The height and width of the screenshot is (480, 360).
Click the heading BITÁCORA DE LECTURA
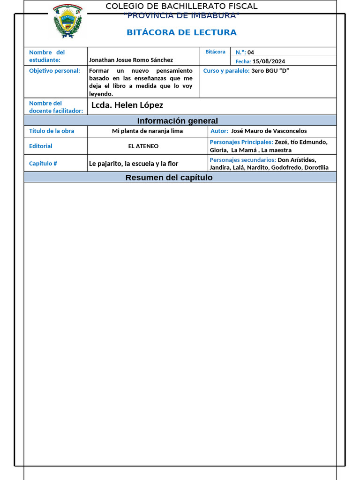point(181,32)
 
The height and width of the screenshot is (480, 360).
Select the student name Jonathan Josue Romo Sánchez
point(131,60)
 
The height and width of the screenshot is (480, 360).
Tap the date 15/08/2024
point(269,61)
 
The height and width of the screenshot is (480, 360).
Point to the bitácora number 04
point(251,52)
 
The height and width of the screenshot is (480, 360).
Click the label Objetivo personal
point(54,70)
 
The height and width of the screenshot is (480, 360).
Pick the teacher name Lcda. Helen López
point(127,105)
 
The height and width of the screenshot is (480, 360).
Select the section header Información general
point(177,121)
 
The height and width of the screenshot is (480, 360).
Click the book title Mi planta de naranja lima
point(147,131)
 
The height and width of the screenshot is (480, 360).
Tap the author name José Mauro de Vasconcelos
point(269,131)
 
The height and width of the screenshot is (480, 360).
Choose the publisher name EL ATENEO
point(143,146)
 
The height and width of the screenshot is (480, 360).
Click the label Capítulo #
point(43,164)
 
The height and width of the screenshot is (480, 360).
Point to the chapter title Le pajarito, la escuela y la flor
point(134,164)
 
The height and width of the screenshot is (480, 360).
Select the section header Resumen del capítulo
point(169,178)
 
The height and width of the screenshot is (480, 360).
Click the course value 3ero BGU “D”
point(270,70)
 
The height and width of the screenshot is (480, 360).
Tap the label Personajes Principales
point(241,142)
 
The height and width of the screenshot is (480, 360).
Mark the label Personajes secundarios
point(242,160)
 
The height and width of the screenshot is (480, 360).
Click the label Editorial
point(41,146)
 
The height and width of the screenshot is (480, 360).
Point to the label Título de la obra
point(52,131)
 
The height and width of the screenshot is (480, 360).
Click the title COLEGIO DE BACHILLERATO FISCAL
point(181,6)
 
